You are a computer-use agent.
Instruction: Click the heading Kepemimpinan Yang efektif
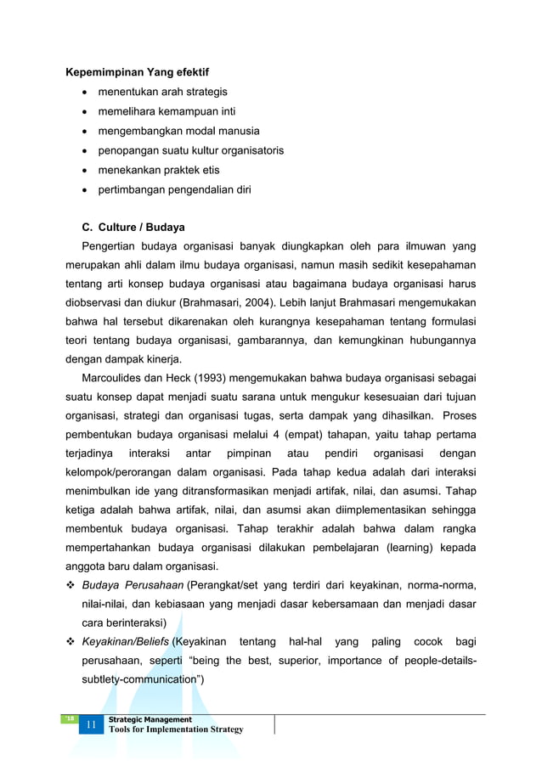138,71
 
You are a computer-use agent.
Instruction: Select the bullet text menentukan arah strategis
162,92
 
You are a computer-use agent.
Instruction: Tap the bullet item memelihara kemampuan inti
167,111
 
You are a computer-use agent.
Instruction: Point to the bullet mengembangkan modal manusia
178,131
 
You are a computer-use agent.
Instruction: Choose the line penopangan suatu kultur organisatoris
190,150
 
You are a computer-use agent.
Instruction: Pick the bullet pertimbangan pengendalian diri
174,189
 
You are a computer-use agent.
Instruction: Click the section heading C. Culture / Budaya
133,228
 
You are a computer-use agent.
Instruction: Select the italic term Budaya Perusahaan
133,586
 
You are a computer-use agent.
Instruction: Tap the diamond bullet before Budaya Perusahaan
71,586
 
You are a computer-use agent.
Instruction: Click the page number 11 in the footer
89,724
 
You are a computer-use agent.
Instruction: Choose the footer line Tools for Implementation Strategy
176,729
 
